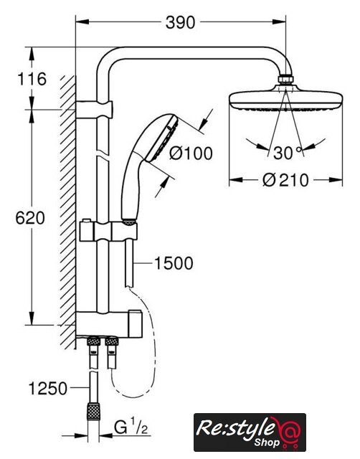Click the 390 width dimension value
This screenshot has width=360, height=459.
coord(180,22)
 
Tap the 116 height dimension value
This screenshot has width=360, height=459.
coord(32,78)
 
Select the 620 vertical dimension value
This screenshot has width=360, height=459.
coord(30,218)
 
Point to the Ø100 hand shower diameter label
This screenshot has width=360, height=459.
coord(191,153)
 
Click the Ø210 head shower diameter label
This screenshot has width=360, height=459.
coord(285,180)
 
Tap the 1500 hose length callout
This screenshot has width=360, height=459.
coord(174,263)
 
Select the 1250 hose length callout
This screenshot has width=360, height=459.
coord(48,389)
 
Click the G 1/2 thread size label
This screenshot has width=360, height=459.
coord(131,427)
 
